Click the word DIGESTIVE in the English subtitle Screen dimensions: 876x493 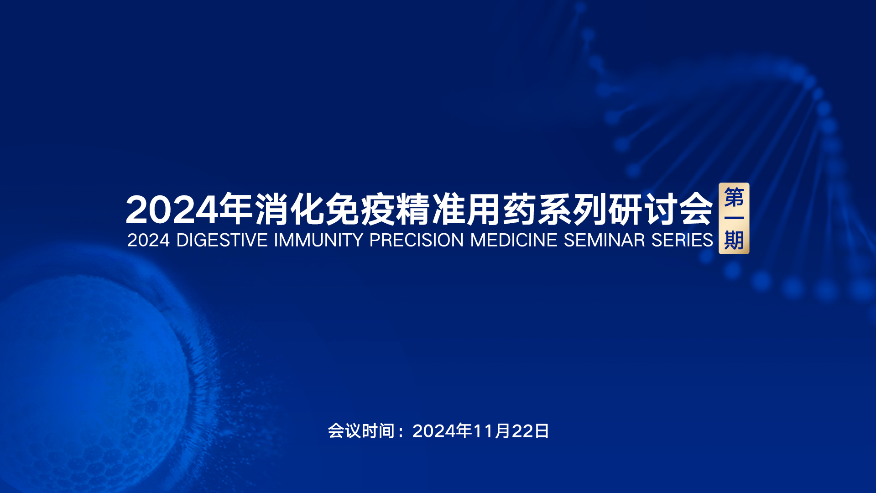(222, 240)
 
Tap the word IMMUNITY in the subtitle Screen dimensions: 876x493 (318, 240)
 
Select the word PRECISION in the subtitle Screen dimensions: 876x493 (416, 240)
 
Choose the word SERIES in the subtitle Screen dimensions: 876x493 (682, 240)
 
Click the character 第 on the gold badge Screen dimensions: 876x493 (734, 197)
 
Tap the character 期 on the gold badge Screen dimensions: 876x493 (734, 240)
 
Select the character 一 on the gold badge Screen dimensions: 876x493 (734, 218)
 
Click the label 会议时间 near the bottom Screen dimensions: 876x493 (361, 431)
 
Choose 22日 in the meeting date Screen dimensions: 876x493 (530, 431)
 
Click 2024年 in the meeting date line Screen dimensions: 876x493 (442, 431)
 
